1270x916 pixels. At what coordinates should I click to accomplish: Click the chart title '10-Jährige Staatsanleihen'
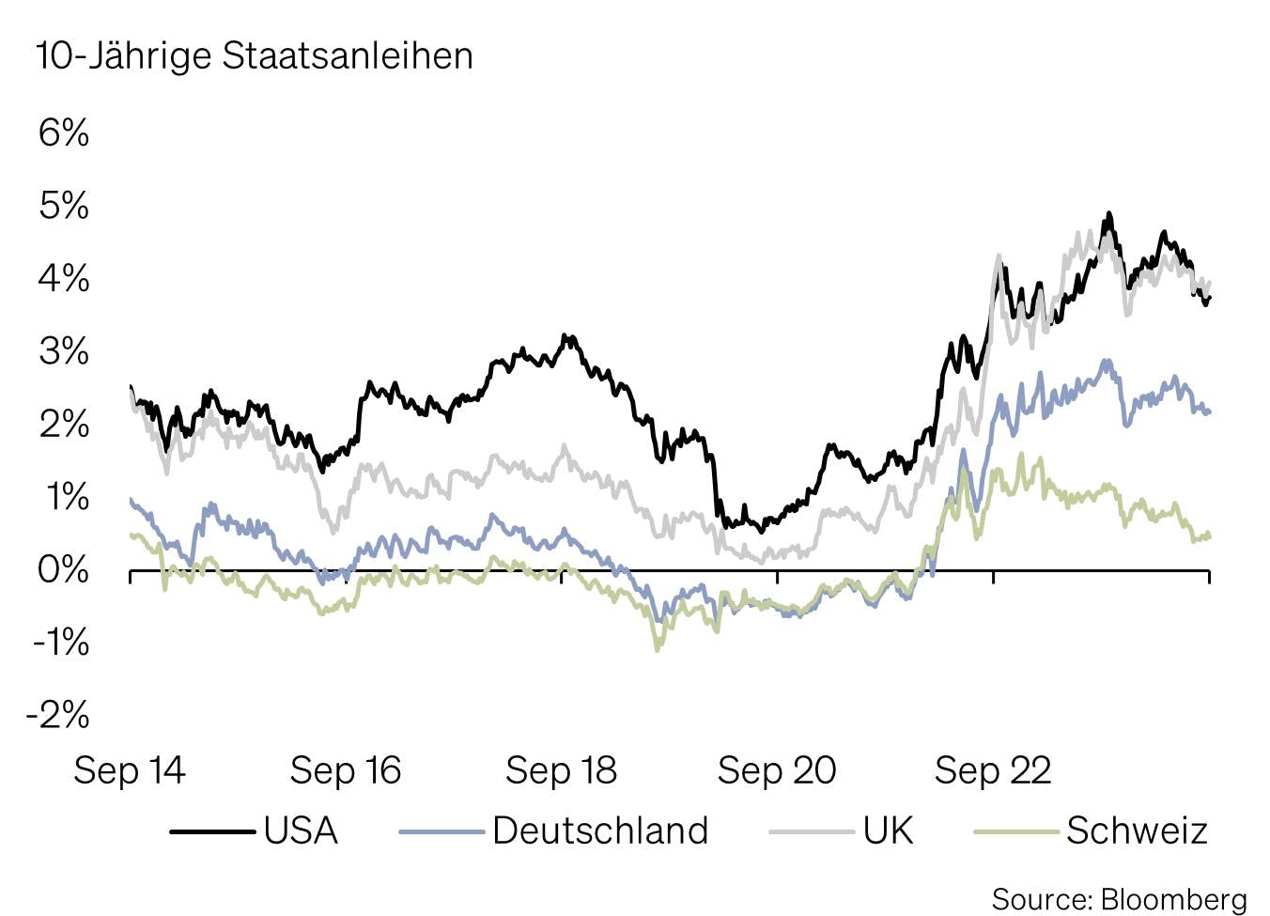click(x=255, y=56)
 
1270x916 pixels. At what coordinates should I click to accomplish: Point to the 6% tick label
click(x=64, y=132)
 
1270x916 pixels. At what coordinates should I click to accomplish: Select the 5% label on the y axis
click(x=64, y=206)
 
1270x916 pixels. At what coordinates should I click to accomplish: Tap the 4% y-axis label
click(x=64, y=279)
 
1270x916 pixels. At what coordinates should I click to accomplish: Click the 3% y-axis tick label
click(x=64, y=351)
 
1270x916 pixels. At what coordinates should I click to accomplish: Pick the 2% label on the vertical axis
click(x=64, y=425)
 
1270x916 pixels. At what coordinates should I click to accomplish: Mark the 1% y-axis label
click(x=64, y=497)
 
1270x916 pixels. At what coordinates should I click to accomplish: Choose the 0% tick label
click(x=64, y=569)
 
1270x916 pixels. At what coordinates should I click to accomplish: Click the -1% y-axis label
click(x=60, y=643)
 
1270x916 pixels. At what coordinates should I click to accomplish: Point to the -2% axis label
click(x=58, y=716)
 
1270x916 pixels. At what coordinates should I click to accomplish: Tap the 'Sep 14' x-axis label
click(x=130, y=771)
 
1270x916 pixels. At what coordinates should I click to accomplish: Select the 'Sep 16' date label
click(x=346, y=771)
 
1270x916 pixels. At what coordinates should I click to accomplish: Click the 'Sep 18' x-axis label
click(x=561, y=771)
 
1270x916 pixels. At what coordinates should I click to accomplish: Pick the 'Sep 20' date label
click(x=777, y=771)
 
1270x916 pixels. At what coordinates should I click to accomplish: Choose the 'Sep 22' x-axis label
click(x=993, y=771)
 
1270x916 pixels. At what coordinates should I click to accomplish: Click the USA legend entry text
click(x=301, y=831)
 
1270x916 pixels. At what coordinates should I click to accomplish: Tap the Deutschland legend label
click(x=600, y=831)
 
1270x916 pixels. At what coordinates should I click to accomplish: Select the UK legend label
click(x=889, y=831)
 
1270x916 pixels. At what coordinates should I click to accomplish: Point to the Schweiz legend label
click(x=1137, y=831)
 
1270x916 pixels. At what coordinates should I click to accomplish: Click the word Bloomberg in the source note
click(x=1173, y=899)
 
